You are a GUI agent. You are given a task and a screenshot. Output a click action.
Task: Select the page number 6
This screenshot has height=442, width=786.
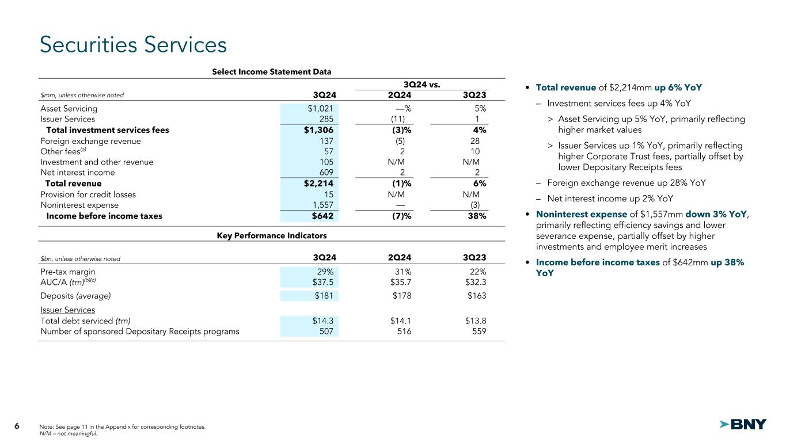[17, 426]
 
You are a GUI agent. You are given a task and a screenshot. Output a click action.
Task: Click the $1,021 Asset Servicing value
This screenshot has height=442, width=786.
[322, 108]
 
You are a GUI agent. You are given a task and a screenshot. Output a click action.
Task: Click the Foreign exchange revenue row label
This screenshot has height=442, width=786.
[90, 141]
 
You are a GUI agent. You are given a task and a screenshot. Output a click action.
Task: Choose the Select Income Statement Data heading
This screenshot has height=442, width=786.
[271, 72]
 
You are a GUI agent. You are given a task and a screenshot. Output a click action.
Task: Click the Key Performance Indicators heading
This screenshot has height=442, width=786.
[271, 236]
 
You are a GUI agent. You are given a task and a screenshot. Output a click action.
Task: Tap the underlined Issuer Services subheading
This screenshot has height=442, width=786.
[67, 310]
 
